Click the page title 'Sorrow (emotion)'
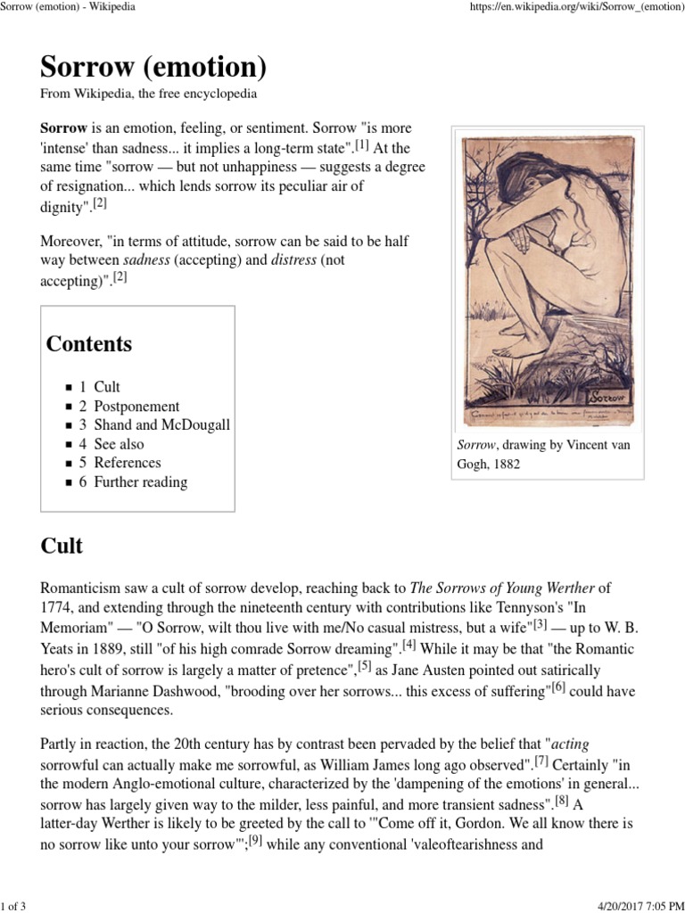tap(153, 67)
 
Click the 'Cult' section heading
tap(62, 546)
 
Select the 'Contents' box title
tap(89, 344)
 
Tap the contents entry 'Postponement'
tap(136, 406)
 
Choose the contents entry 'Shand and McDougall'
tap(161, 424)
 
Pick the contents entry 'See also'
tap(118, 444)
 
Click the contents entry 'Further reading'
tap(140, 482)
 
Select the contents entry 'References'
tap(127, 463)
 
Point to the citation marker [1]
tap(360, 144)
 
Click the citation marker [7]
tap(541, 761)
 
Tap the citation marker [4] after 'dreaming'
tap(409, 645)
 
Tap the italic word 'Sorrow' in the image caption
tap(476, 445)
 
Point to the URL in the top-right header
tap(572, 8)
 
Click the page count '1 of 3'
tap(15, 902)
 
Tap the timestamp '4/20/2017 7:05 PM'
tap(631, 902)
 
